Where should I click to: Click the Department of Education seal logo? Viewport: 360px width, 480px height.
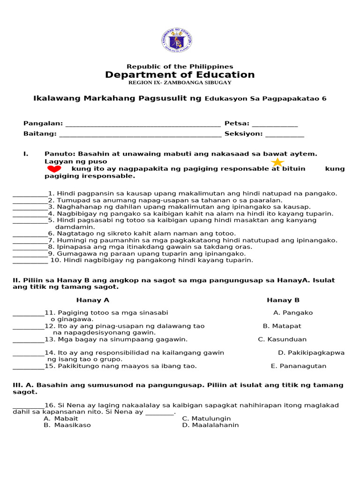coord(176,41)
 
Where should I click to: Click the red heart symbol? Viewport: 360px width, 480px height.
coord(54,169)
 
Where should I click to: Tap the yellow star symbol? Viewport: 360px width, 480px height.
coord(277,163)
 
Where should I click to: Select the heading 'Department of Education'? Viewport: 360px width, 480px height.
coord(180,75)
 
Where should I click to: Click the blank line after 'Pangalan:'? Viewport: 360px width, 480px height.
coord(143,125)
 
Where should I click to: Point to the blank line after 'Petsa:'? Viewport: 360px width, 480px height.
coord(275,125)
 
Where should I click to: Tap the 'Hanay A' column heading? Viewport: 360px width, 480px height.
coord(93,300)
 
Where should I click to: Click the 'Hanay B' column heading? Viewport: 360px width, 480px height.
coord(283,300)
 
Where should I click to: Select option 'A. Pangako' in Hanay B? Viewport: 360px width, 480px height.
coord(293,313)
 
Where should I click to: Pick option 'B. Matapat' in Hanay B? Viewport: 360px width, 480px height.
coord(282,326)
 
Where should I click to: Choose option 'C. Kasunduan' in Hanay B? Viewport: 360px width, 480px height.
coord(282,339)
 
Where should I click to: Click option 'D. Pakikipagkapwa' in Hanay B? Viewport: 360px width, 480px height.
coord(311,353)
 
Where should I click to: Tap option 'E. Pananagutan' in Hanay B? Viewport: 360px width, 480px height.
coord(299,366)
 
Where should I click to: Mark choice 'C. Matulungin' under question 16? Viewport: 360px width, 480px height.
coord(206,419)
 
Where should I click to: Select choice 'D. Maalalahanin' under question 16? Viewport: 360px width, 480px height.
coord(210,425)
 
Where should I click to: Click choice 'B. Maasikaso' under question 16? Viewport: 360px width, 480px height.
coord(67,425)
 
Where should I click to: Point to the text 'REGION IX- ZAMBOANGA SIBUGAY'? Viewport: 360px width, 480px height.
coord(180,83)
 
